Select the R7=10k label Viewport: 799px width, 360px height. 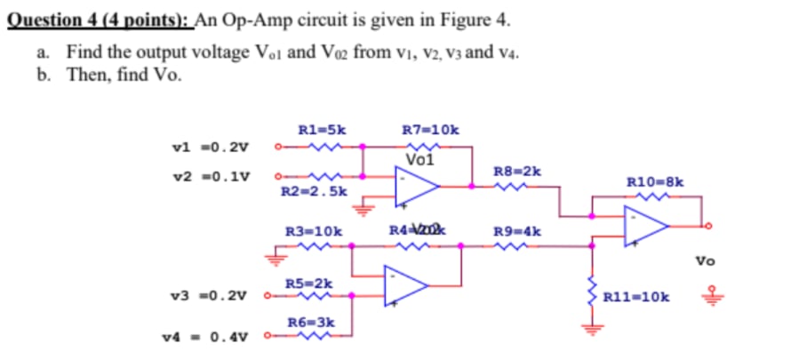pos(431,130)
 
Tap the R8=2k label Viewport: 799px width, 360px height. pos(516,170)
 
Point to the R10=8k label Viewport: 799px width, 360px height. pos(655,182)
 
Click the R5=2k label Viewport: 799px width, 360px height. pos(309,284)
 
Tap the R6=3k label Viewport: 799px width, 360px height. pos(309,320)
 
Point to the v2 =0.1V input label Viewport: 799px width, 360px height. pos(211,175)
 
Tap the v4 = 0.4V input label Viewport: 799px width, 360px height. pos(206,337)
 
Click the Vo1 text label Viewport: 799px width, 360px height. pos(419,160)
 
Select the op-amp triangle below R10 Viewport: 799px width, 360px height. pos(645,226)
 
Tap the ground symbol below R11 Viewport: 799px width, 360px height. pos(588,332)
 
